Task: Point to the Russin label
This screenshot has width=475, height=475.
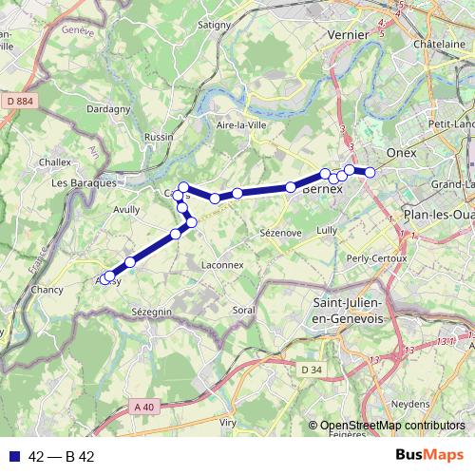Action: [158, 137]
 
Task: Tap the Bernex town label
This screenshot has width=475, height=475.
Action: [321, 189]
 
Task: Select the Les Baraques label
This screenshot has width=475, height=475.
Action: [85, 182]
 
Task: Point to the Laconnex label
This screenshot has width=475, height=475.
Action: [223, 266]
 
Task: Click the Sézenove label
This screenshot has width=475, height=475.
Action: [279, 232]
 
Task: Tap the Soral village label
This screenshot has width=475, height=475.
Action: [245, 311]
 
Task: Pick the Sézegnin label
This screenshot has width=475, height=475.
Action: [151, 312]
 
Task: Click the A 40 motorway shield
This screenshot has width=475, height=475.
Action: [143, 407]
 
